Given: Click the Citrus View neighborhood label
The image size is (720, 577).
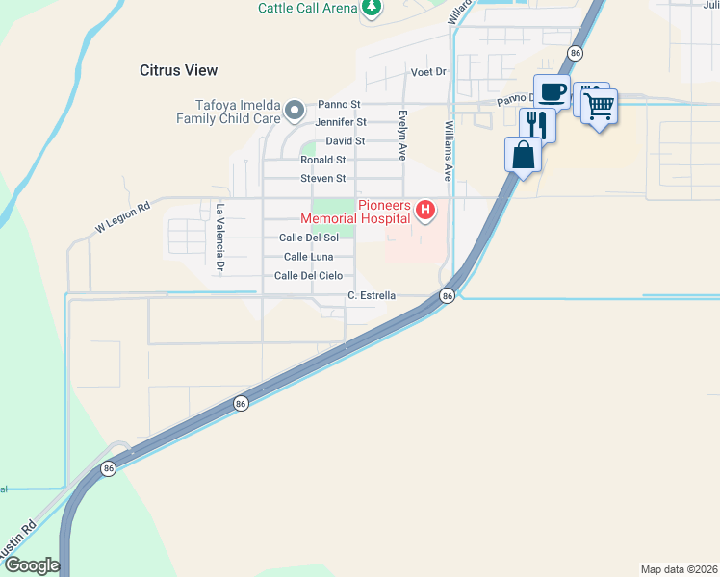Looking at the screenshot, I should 178,70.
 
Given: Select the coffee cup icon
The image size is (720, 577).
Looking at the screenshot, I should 552,92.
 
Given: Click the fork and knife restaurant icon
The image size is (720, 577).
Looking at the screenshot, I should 537,124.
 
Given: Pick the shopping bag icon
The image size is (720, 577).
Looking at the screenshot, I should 523,154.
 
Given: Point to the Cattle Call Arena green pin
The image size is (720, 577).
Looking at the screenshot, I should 372,9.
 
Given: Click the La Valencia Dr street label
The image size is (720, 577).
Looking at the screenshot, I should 219,237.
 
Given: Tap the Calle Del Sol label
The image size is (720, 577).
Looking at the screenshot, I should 308,238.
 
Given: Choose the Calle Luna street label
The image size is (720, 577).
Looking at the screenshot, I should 308,257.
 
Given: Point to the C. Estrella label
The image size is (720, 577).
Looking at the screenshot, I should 372,295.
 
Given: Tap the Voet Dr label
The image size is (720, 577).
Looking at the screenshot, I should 429,72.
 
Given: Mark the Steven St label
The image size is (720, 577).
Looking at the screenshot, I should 322,179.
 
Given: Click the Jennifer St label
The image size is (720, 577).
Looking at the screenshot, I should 341,122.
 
